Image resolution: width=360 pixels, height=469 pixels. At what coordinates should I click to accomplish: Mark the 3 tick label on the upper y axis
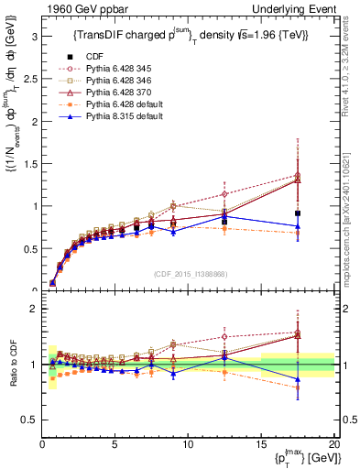(x=34, y=37)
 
